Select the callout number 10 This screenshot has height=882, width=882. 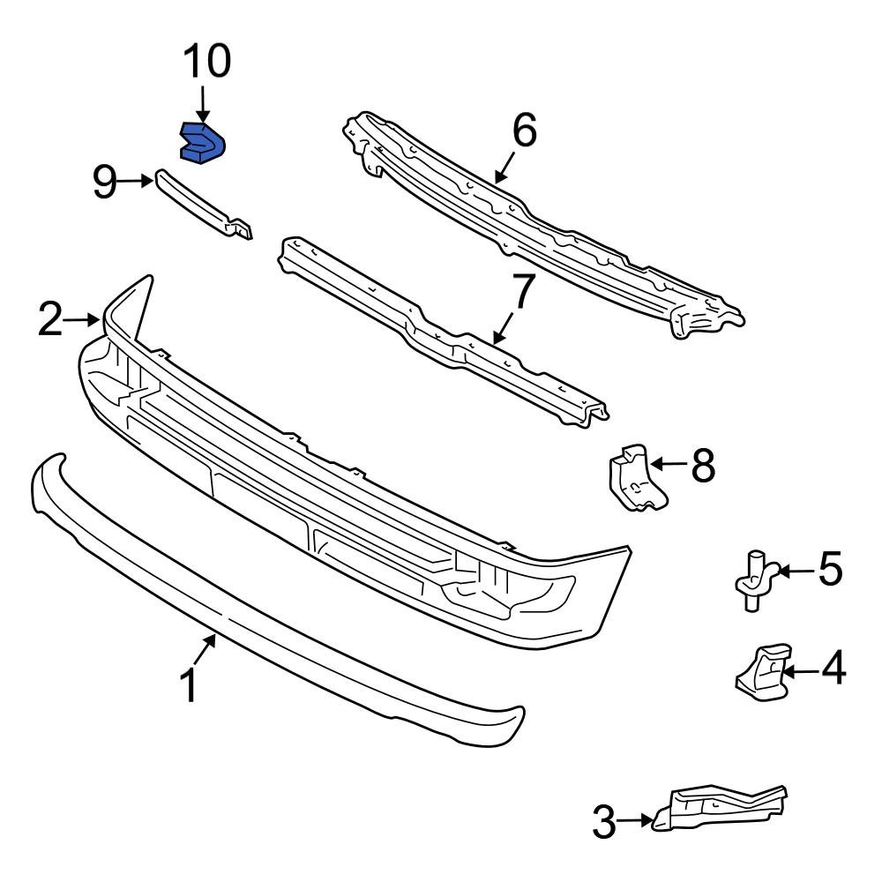[x=206, y=62]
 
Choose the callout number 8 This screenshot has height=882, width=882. [x=703, y=465]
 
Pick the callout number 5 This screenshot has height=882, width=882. [x=830, y=570]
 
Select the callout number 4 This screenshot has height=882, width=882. [x=832, y=669]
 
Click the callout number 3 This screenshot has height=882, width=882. [x=603, y=822]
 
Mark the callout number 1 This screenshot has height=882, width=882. [x=191, y=685]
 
